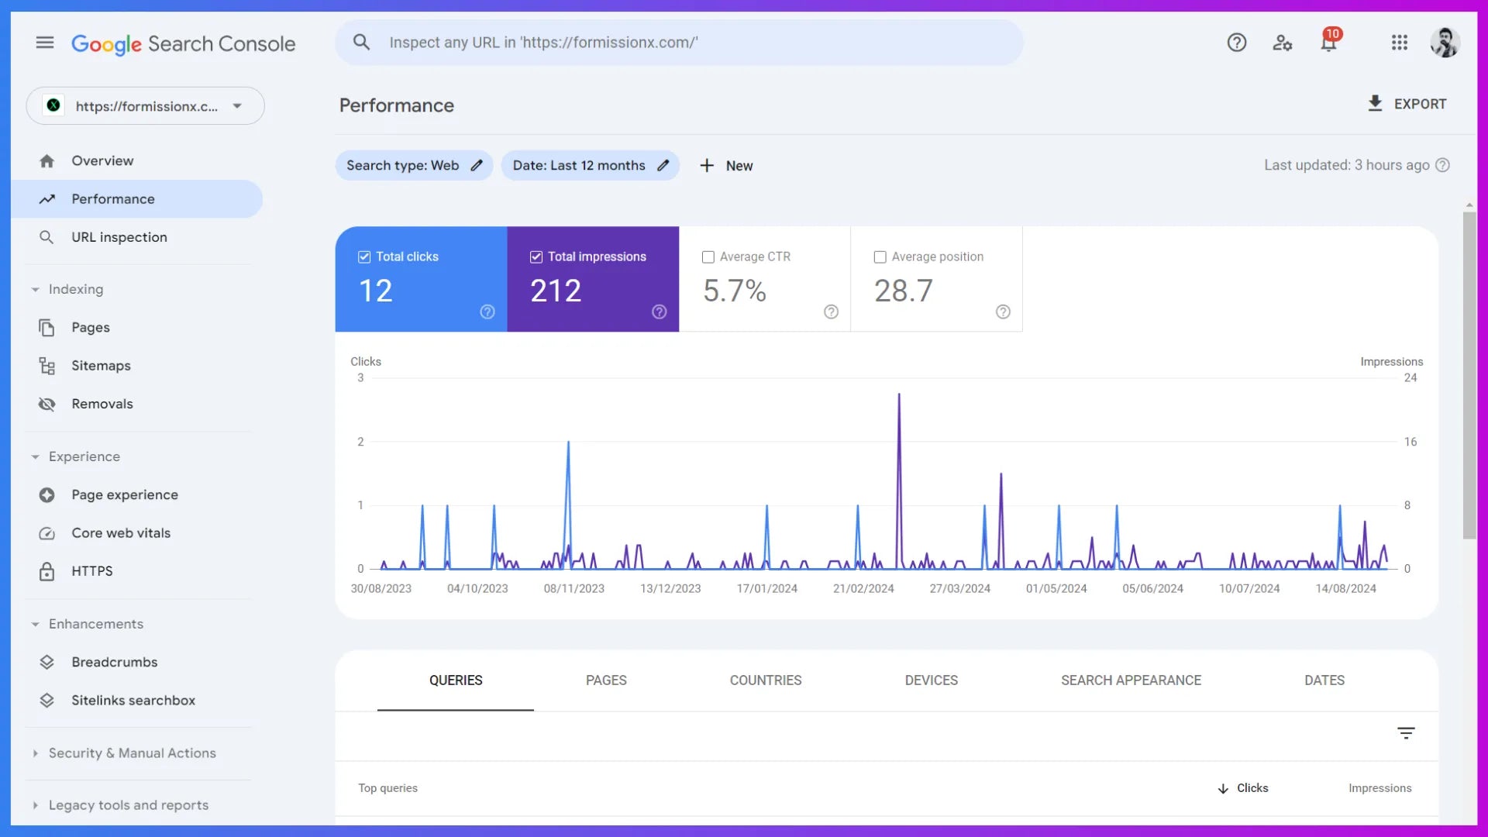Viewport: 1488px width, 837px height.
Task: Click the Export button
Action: pyautogui.click(x=1407, y=104)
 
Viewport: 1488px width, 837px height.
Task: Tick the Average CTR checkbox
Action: pyautogui.click(x=708, y=257)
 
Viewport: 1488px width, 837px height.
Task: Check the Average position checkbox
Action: pyautogui.click(x=880, y=257)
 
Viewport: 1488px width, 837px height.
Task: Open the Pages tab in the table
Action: pyautogui.click(x=605, y=680)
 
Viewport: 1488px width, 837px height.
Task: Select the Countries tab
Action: pyautogui.click(x=765, y=680)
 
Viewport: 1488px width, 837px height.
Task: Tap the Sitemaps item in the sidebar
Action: pyautogui.click(x=101, y=366)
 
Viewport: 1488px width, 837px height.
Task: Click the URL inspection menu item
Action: pyautogui.click(x=119, y=237)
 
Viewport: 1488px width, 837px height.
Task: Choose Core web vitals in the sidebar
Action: pyautogui.click(x=120, y=533)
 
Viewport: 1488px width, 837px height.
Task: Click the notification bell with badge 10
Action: pyautogui.click(x=1328, y=43)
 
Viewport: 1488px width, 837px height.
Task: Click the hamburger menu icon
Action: pyautogui.click(x=45, y=43)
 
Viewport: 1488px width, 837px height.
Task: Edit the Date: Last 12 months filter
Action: pyautogui.click(x=590, y=166)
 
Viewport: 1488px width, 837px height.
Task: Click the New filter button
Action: pyautogui.click(x=726, y=166)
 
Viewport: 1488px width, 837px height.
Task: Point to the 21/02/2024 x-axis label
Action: pyautogui.click(x=863, y=589)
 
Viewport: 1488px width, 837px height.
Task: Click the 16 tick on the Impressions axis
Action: pyautogui.click(x=1410, y=442)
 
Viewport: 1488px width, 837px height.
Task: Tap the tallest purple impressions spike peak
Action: pyautogui.click(x=899, y=394)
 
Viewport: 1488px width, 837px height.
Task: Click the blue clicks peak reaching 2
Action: pyautogui.click(x=568, y=443)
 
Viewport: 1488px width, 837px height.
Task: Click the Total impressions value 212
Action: pyautogui.click(x=556, y=291)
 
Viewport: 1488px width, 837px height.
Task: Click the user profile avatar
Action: pyautogui.click(x=1445, y=43)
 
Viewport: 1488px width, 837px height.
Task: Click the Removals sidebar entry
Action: pyautogui.click(x=102, y=404)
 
